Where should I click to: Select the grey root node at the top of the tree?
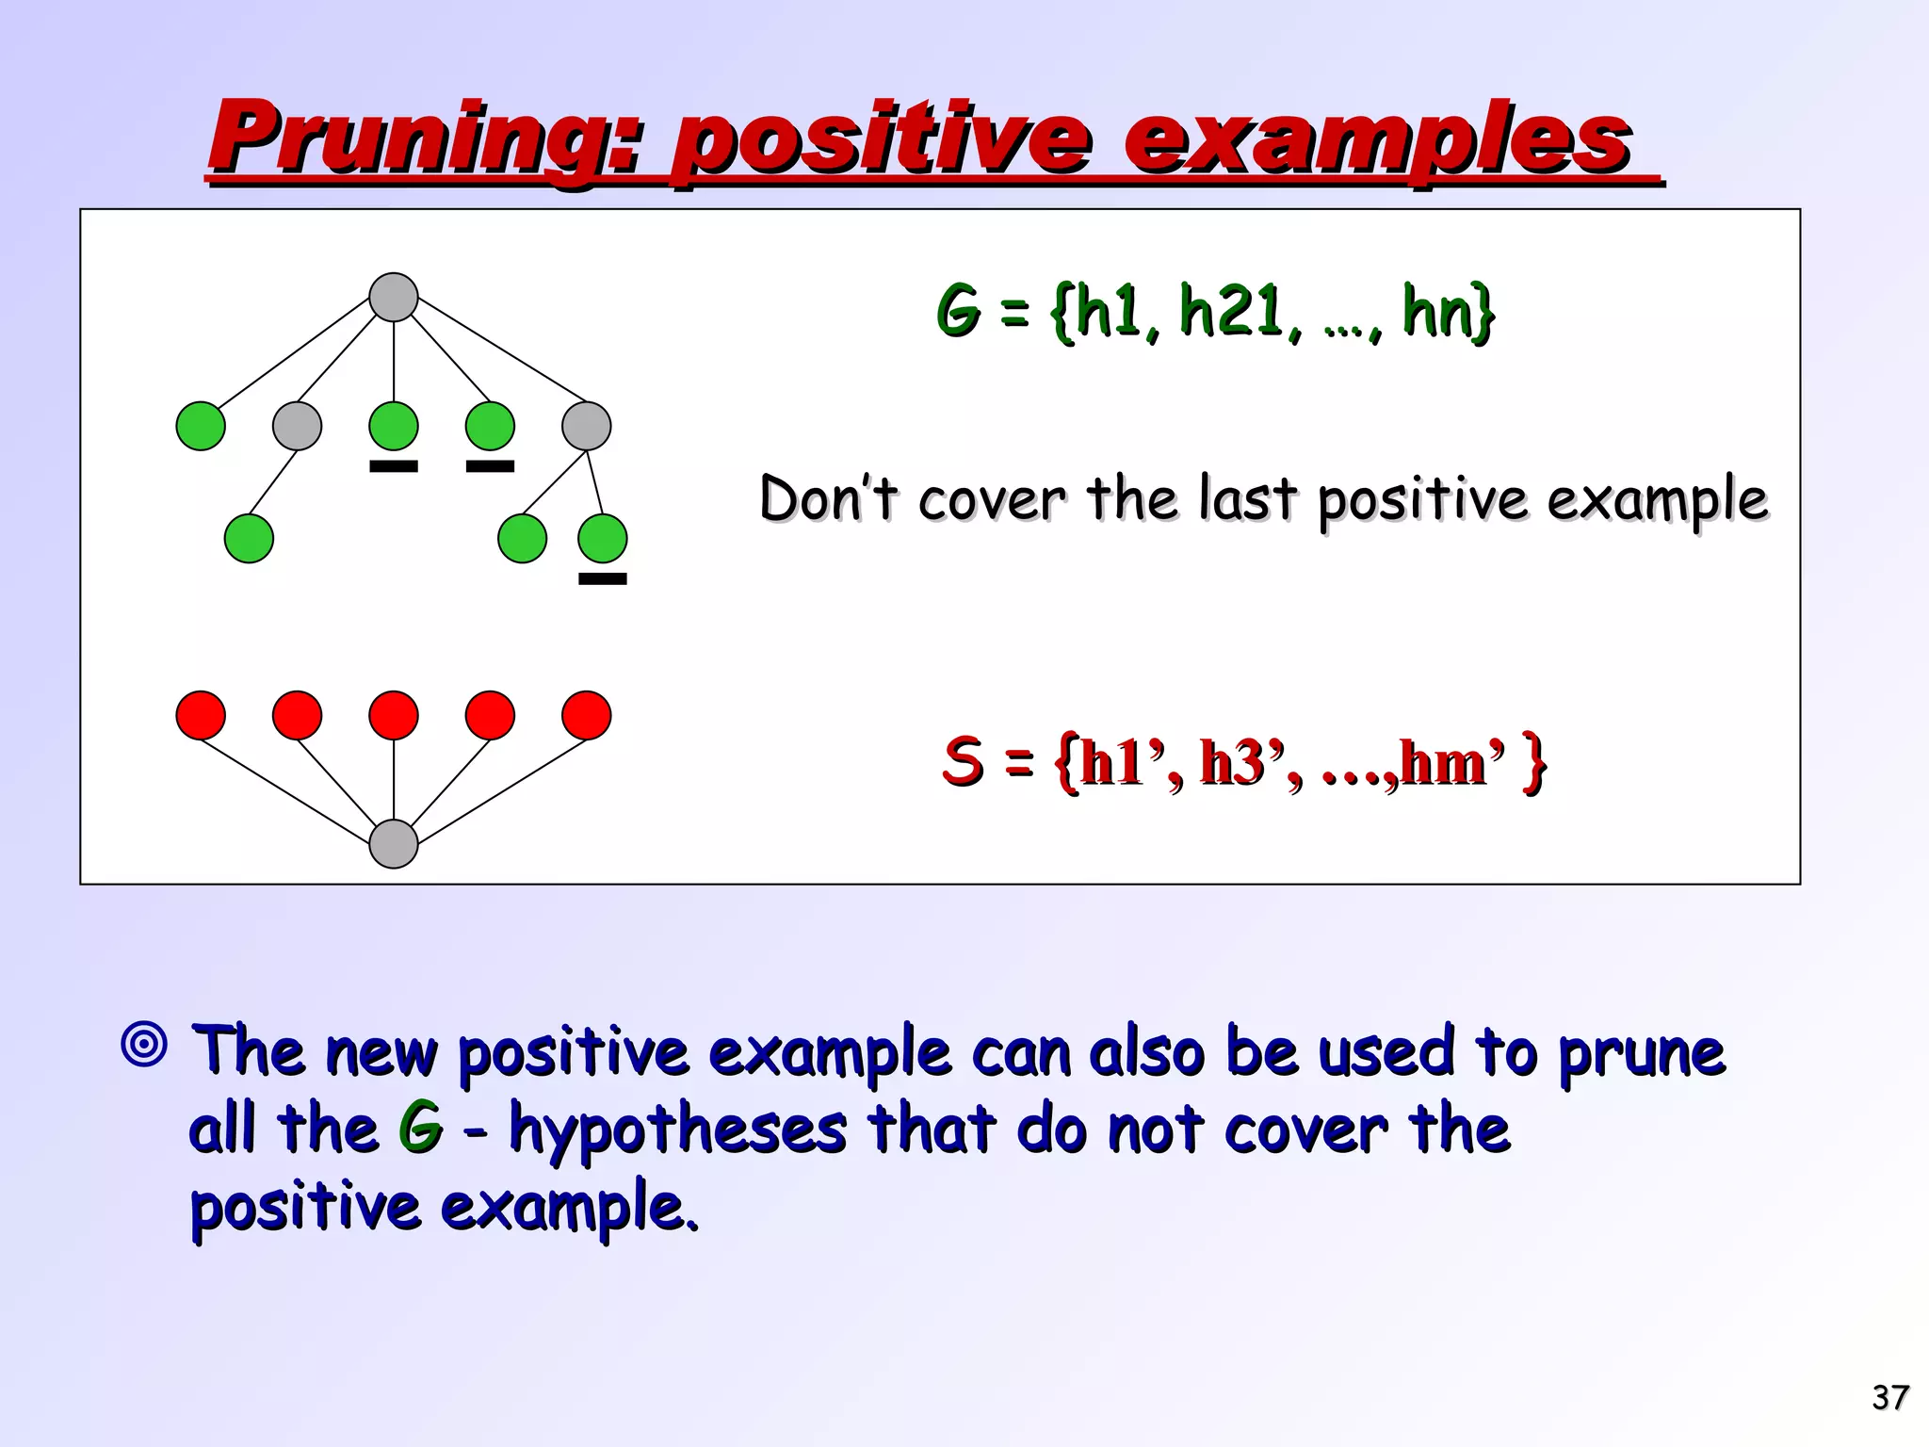coord(394,298)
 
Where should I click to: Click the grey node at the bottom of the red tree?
coord(394,844)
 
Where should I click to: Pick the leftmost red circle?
coord(201,715)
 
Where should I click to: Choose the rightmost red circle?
coord(586,715)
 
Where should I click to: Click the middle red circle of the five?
coord(394,715)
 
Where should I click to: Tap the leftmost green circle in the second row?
coord(201,426)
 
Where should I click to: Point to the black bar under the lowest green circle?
coord(602,579)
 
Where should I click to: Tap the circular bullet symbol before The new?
coord(145,1045)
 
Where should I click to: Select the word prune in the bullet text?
coord(1641,1053)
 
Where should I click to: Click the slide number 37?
coord(1889,1397)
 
